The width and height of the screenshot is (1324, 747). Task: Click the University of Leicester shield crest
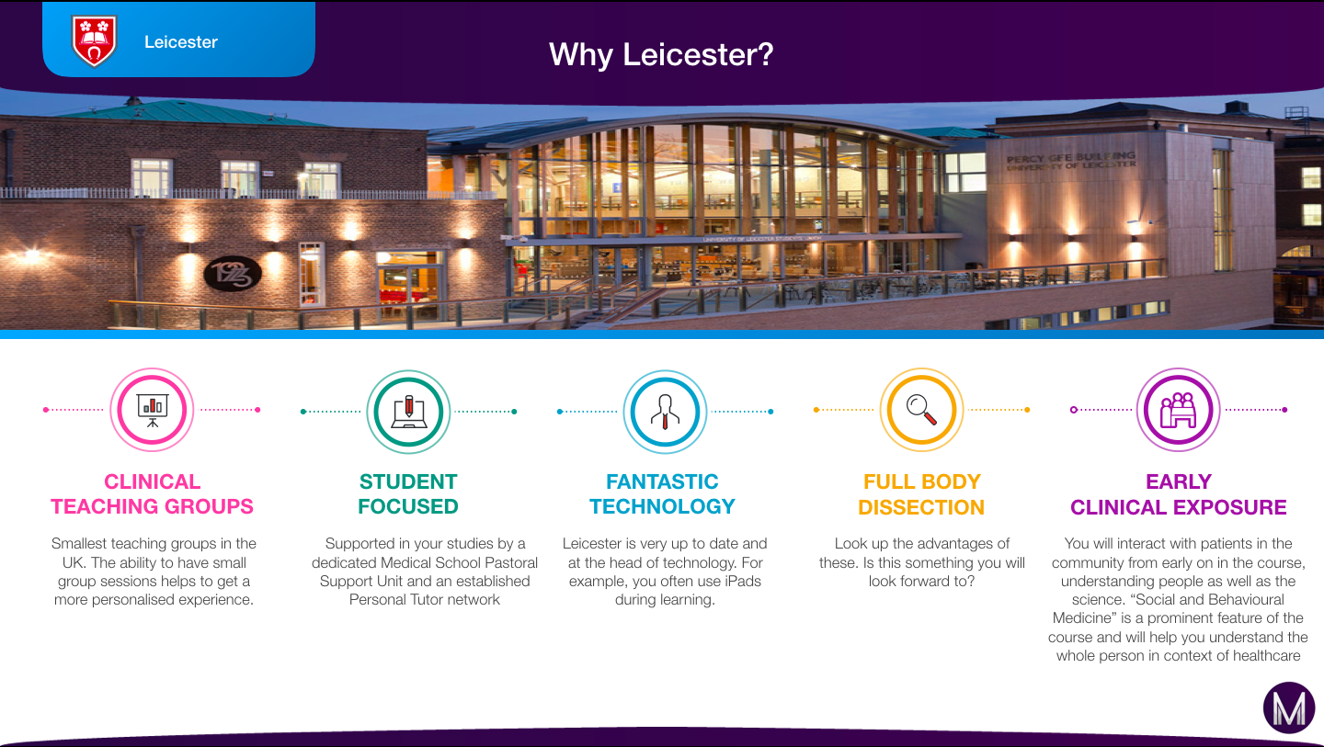(x=94, y=40)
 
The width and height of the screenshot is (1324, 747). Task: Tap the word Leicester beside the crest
(x=181, y=42)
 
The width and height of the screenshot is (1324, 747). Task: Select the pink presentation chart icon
(x=152, y=410)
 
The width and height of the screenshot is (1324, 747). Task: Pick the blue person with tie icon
(x=665, y=412)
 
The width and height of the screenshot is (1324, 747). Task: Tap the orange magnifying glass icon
(x=921, y=410)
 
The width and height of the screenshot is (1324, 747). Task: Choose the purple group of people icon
(x=1179, y=410)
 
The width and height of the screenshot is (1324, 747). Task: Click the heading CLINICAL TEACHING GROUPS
(x=152, y=494)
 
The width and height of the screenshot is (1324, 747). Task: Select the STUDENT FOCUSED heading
(x=408, y=494)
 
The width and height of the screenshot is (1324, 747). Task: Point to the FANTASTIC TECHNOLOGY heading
(x=663, y=494)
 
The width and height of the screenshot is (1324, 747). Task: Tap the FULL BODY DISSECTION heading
(x=921, y=495)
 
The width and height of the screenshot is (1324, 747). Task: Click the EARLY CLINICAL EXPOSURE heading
(x=1179, y=495)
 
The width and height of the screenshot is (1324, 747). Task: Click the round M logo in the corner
(x=1289, y=707)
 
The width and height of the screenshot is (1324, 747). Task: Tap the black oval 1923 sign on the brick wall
(x=233, y=274)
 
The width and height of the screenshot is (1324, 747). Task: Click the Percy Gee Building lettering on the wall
(x=1071, y=161)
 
